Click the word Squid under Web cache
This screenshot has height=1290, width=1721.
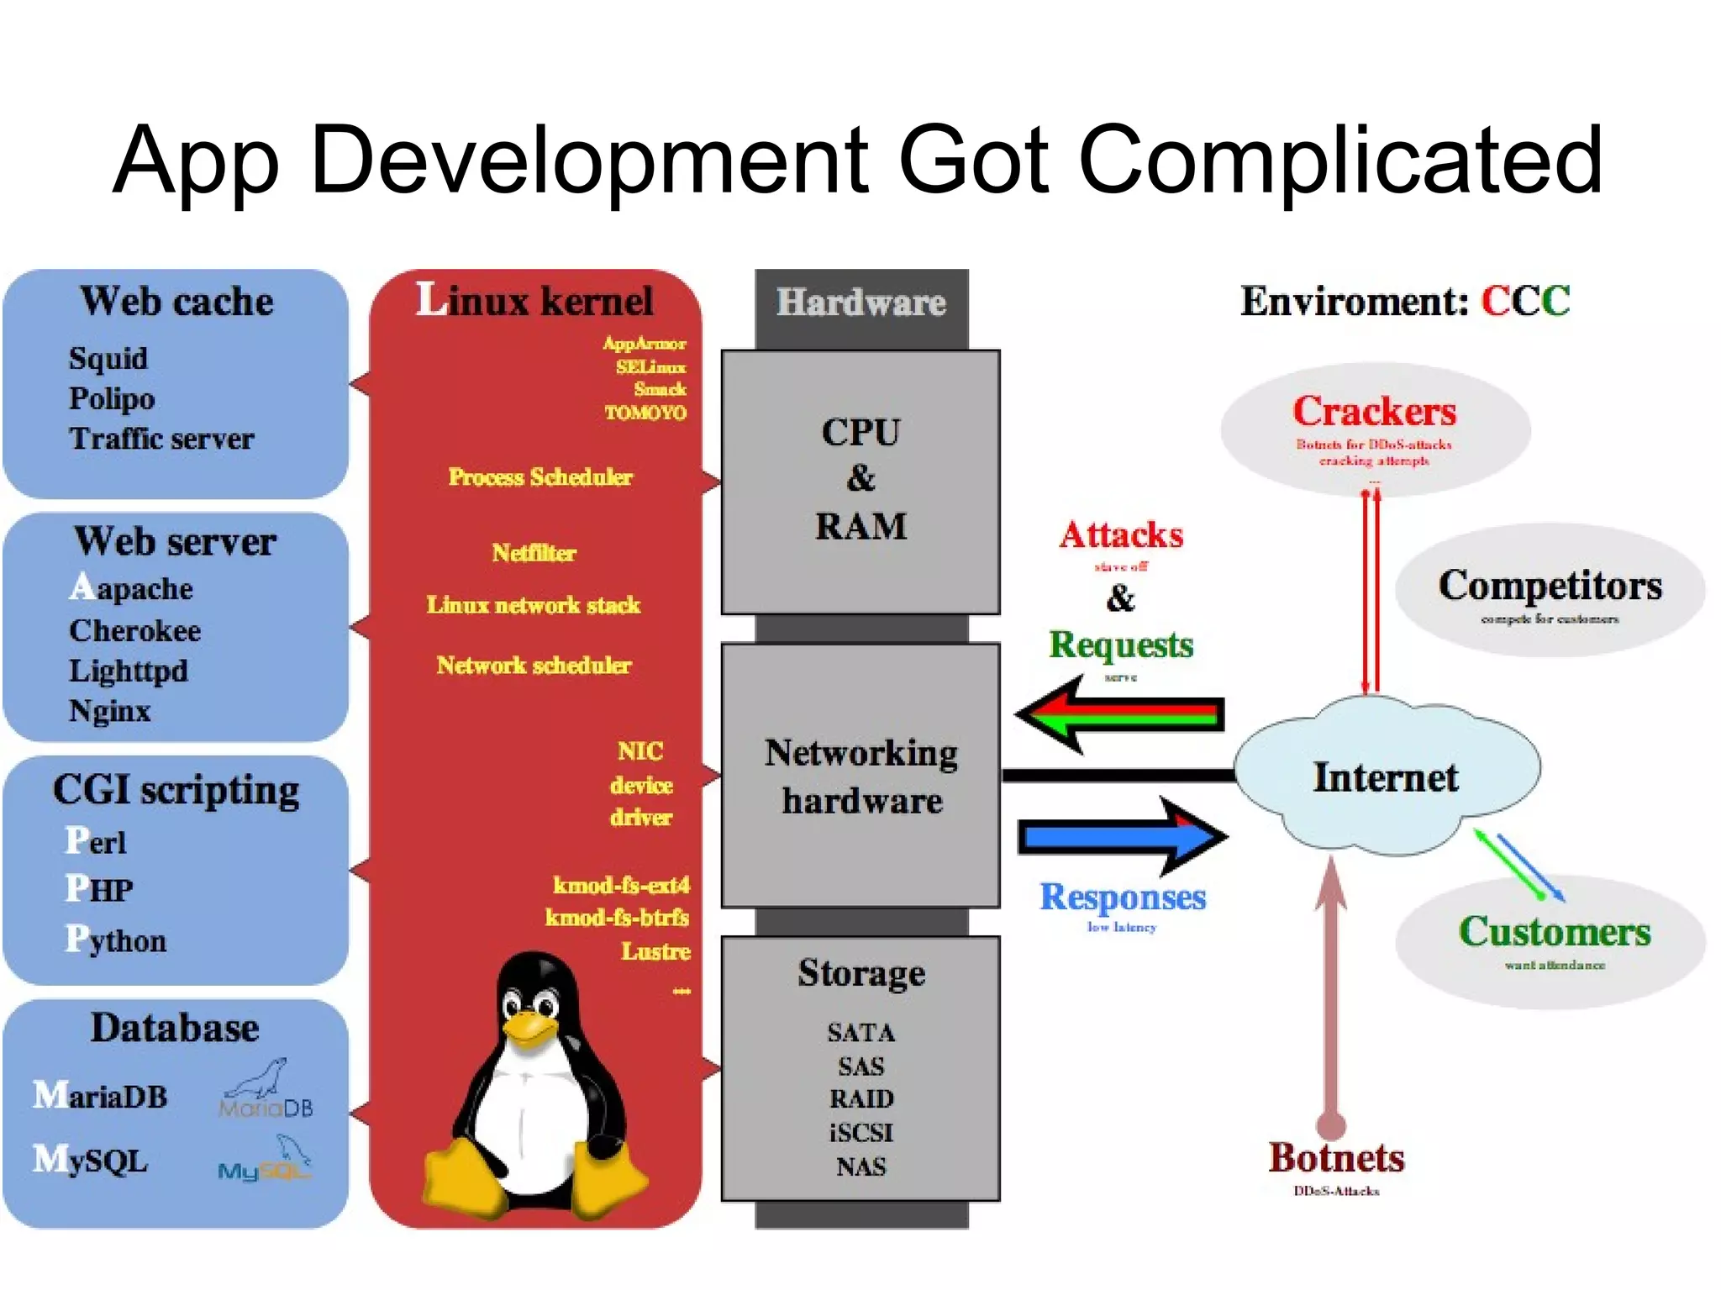pos(108,359)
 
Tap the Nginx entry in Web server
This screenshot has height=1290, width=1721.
pos(109,711)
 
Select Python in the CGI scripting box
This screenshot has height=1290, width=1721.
pos(116,940)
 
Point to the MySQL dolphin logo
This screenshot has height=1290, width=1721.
pos(264,1160)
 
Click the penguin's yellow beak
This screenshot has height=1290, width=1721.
pos(530,1026)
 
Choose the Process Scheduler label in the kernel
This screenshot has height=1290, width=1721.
pos(539,477)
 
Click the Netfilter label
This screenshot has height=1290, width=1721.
pos(534,553)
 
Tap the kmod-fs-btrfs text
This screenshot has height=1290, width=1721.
pos(617,917)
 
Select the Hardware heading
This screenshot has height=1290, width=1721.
pos(860,303)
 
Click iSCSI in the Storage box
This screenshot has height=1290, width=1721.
pos(860,1133)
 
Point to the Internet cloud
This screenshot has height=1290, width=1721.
pos(1386,777)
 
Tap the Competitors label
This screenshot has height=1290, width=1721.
pos(1550,585)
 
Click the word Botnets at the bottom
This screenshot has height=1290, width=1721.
pos(1336,1158)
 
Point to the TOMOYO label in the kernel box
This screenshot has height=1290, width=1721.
pos(645,413)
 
